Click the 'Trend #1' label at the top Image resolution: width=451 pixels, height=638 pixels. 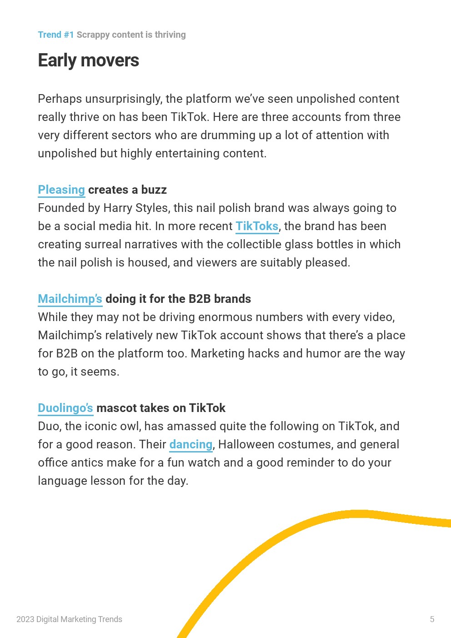[55, 35]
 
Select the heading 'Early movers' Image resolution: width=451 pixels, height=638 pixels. [88, 60]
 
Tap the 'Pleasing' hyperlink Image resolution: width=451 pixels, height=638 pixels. [61, 190]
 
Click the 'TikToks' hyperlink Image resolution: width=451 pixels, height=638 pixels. [257, 226]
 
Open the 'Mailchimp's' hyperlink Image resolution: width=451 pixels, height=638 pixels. [70, 299]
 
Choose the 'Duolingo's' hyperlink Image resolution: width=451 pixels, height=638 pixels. [65, 408]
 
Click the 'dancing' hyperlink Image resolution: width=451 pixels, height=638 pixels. [191, 444]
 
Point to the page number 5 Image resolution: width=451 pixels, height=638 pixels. [432, 619]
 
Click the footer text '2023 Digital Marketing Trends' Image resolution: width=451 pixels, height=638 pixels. [69, 619]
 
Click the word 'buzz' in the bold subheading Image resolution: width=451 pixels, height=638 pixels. [154, 190]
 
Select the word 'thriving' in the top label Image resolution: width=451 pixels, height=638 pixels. [170, 35]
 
